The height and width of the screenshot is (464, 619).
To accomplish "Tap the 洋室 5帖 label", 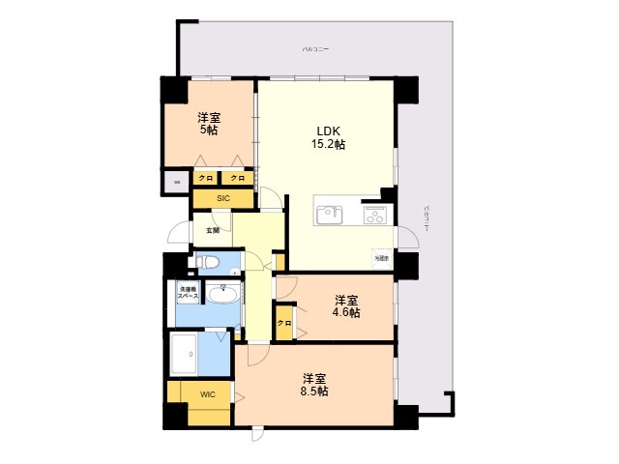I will pyautogui.click(x=209, y=122).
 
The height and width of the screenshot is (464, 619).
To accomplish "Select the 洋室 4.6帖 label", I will pyautogui.click(x=347, y=305).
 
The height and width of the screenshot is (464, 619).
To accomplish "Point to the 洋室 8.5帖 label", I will pyautogui.click(x=313, y=384).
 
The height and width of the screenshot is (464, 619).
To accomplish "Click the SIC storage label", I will pyautogui.click(x=222, y=198).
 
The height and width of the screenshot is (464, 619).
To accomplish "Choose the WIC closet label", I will pyautogui.click(x=208, y=395).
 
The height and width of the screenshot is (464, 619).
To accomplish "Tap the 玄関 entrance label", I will pyautogui.click(x=212, y=230).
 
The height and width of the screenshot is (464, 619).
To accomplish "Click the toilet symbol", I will pyautogui.click(x=207, y=261).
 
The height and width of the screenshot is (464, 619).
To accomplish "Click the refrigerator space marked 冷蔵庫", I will pyautogui.click(x=382, y=258).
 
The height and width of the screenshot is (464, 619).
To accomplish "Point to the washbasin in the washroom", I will pyautogui.click(x=224, y=291).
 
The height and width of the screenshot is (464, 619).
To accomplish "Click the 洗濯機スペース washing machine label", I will pyautogui.click(x=188, y=291).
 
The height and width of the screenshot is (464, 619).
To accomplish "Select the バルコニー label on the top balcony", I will pyautogui.click(x=315, y=47).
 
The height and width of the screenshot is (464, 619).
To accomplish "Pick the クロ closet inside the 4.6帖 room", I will pyautogui.click(x=284, y=323).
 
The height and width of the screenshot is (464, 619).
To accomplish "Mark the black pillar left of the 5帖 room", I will pyautogui.click(x=175, y=90).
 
